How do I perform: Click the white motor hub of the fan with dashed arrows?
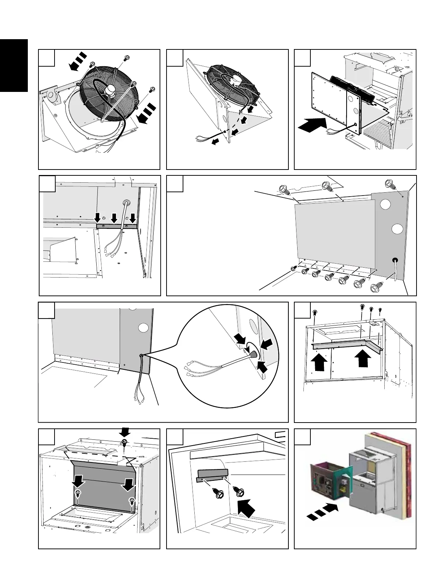point(109,89)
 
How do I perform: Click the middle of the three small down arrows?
point(114,219)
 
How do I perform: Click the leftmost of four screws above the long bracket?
point(314,313)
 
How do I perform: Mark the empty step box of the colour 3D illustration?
point(302,436)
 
